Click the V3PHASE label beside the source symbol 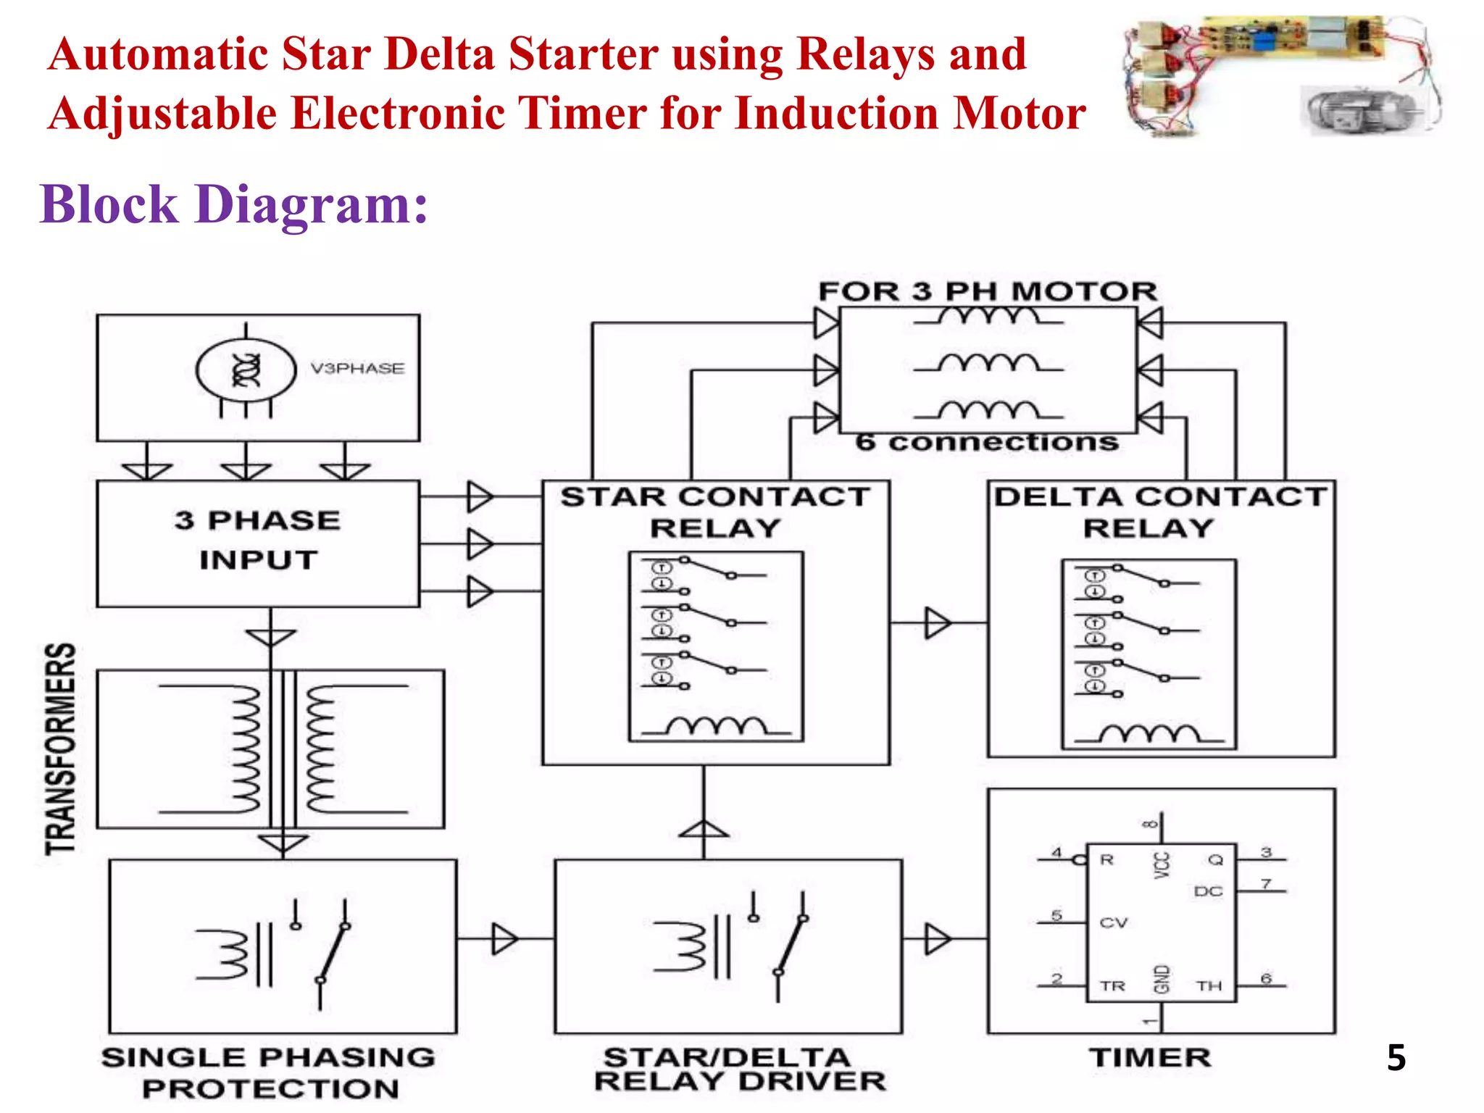(357, 368)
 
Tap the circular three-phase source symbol (246, 370)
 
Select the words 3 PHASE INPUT (257, 540)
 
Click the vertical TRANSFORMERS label (61, 749)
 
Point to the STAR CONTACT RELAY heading (715, 512)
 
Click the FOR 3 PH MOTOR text (988, 291)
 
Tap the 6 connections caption (987, 442)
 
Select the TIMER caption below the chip (1150, 1058)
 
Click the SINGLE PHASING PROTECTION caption (269, 1073)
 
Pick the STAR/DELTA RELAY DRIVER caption (740, 1070)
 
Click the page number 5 (1396, 1058)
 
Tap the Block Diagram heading (233, 204)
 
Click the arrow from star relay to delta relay (938, 622)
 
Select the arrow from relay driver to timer (938, 939)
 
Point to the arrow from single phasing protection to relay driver (505, 939)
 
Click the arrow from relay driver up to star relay (704, 829)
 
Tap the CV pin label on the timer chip (1113, 922)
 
